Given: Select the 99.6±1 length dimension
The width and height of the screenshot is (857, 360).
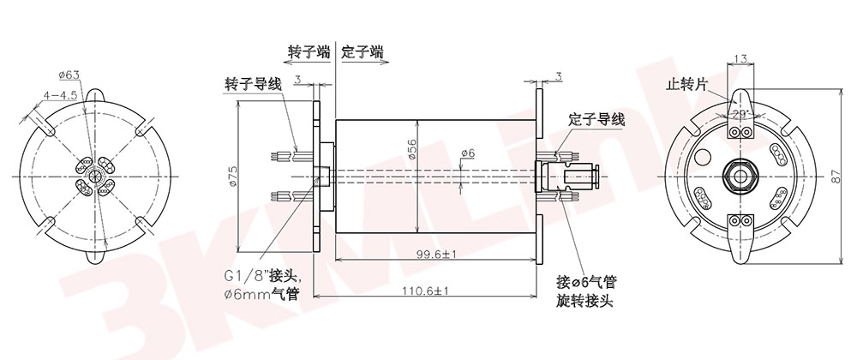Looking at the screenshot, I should [435, 255].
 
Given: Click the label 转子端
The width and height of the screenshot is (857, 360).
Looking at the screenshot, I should [309, 52].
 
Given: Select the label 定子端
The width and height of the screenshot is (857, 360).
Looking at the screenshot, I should [362, 52].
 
